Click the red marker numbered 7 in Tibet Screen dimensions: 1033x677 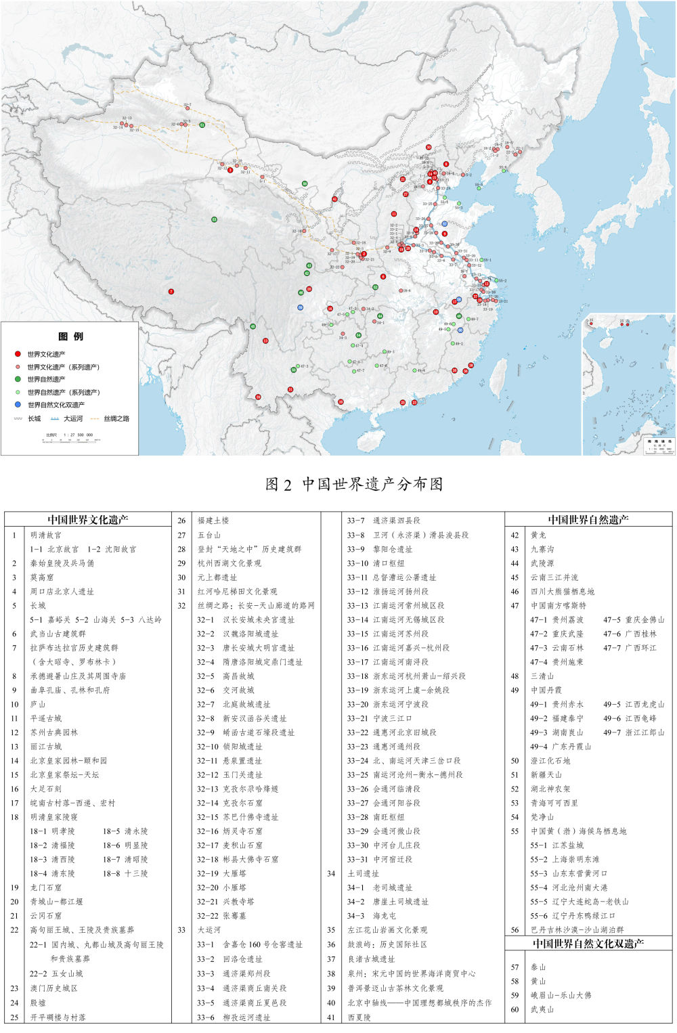[171, 292]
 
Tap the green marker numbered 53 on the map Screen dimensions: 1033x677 [214, 219]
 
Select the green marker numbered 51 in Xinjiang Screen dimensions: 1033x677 [202, 125]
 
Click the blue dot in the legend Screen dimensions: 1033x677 [18, 405]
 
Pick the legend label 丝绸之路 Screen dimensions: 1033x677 [116, 419]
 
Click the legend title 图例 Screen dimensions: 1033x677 [71, 336]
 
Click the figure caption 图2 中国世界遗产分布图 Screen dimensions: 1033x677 [355, 484]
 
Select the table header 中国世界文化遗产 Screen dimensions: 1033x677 [87, 520]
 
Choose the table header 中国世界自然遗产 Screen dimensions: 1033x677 [588, 520]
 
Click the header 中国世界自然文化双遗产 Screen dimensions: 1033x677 [588, 944]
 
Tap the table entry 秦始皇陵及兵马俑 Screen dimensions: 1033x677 [62, 563]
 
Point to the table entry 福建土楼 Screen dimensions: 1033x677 [213, 521]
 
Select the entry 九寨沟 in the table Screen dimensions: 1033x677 [542, 549]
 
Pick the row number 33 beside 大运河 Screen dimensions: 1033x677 [181, 930]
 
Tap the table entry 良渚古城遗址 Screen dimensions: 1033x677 [371, 959]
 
